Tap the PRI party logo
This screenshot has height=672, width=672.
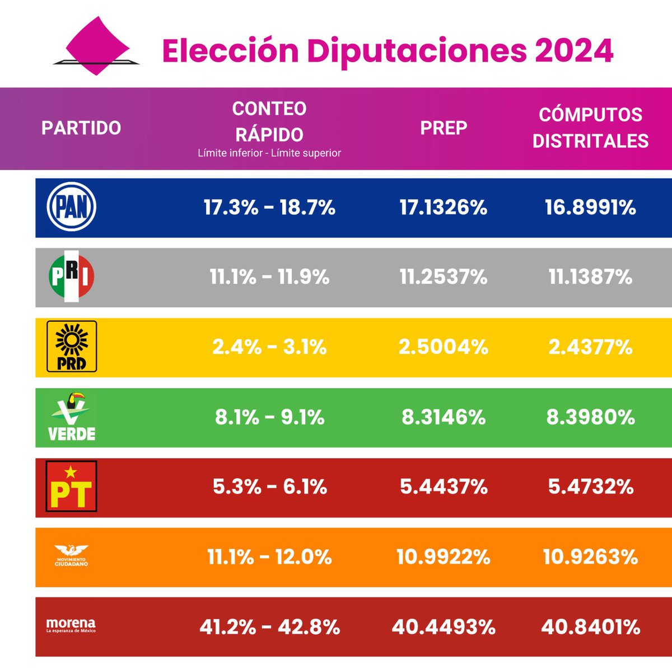pos(71,277)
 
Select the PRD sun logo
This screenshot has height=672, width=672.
pos(71,347)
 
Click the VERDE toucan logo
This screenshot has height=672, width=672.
pos(71,417)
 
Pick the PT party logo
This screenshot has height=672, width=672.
pos(71,486)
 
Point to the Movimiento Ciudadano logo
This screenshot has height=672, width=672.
pos(71,556)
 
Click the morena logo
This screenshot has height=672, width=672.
pos(71,626)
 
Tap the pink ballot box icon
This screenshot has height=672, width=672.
pos(96,46)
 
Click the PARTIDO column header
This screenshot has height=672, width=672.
pos(81,128)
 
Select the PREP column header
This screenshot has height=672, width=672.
pos(444,128)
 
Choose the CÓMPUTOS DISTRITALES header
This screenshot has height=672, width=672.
pos(590,128)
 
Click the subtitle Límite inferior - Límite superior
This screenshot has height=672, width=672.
pos(269,153)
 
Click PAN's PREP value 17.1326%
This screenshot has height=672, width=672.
pos(444,208)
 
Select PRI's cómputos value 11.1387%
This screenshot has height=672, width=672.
pos(590,277)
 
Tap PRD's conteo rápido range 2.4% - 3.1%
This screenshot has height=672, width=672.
pos(269,347)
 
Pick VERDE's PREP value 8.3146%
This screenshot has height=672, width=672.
pos(444,417)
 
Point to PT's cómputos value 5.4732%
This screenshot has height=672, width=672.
pos(590,487)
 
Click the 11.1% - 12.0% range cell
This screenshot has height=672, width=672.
pos(269,557)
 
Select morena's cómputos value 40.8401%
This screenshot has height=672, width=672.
pos(590,627)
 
